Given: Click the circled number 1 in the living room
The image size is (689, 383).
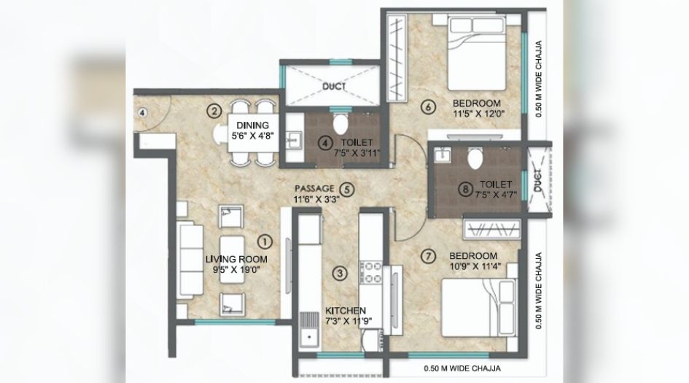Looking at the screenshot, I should coord(265,239).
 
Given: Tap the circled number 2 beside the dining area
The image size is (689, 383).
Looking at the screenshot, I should coord(214,111).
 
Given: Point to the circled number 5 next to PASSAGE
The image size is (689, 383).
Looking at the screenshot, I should coord(348,188).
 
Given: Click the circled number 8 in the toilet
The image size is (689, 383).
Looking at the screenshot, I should coord(445,190).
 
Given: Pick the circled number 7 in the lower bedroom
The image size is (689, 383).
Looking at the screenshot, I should coord(428,255).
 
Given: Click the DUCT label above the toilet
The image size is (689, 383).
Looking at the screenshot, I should coord(333,85).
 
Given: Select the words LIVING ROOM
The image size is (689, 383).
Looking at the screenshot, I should coord(236,259).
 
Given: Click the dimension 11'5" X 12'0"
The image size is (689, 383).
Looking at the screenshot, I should coord(478,113).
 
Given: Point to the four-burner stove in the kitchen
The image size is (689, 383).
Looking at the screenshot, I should coord(370,271).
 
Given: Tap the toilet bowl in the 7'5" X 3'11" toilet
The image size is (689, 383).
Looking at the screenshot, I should coord(338,120).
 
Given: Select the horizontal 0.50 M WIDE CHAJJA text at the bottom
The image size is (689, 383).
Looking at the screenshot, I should coord(454,368).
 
